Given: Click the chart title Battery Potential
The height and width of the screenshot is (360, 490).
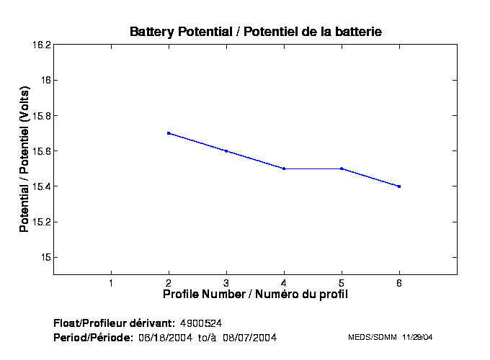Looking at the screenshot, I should pos(255,32).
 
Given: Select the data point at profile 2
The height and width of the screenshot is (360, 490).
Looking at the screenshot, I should pos(169,133).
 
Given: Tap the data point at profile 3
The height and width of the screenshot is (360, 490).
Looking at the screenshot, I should pos(226,151).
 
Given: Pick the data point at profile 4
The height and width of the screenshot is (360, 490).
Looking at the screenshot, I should pos(284,168).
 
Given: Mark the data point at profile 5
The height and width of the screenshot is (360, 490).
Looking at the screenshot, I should pos(342,168).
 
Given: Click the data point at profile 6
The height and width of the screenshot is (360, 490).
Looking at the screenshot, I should pos(399,186).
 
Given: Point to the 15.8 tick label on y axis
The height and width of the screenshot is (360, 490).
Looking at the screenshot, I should pos(40,115).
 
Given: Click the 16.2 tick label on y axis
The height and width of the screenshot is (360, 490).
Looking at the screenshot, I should pos(40,45).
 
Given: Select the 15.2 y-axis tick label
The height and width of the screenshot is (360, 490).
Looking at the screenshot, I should pos(40,222).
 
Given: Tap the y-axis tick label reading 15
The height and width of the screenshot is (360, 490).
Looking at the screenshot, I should pos(45,257).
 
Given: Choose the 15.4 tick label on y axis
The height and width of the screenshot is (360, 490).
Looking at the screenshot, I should pos(40,186).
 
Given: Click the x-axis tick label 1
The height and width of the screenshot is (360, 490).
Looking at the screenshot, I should pos(111,282).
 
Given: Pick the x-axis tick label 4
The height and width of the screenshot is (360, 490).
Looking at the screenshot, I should pos(284,282).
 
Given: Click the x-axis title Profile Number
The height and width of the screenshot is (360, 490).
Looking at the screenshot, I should pos(255,294).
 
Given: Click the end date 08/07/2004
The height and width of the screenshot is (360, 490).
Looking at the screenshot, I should pos(250,337).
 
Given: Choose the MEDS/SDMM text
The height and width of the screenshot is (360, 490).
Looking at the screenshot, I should pos(369,337).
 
